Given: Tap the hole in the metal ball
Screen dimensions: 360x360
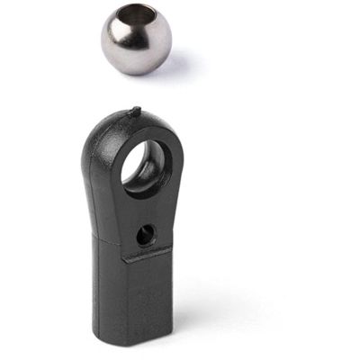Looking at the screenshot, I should click(147, 20).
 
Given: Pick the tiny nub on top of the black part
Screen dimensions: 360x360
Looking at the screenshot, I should click(136, 112).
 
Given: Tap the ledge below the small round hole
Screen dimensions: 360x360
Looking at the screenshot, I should click(148, 256).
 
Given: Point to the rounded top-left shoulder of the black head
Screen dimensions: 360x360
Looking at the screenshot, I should click(96, 135).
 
